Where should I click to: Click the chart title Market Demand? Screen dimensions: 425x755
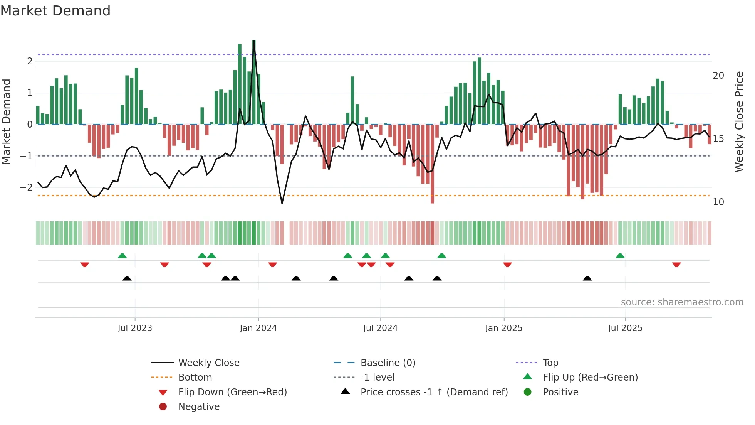coord(55,11)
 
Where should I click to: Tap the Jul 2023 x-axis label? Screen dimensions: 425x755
coord(135,328)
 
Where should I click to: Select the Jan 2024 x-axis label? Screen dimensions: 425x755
coord(258,328)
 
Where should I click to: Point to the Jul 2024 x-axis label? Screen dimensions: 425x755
coord(380,328)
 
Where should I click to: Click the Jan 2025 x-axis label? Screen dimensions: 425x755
coord(503,328)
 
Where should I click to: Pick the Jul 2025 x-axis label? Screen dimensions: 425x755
coord(625,328)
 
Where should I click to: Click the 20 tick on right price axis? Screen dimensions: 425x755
coord(718,76)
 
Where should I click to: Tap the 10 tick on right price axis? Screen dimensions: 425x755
coord(718,202)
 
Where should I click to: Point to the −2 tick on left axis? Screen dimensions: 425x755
coord(26,187)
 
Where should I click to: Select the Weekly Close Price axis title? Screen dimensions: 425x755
coord(739,121)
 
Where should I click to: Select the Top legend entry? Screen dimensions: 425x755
coord(550,363)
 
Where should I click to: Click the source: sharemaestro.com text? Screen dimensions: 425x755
coord(682,302)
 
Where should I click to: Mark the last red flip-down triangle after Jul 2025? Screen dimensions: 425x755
coord(676,265)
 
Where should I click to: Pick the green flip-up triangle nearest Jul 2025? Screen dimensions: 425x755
coord(620,256)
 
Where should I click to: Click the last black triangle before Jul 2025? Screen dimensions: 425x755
coord(587,278)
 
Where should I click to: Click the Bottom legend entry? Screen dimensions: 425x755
coord(195,378)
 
